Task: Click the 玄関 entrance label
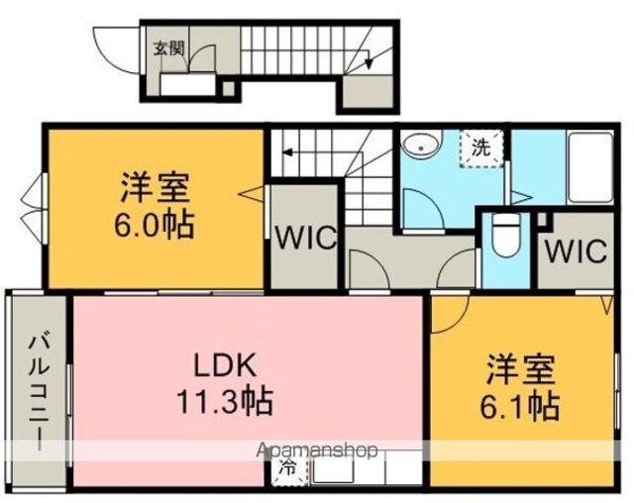[x=169, y=49]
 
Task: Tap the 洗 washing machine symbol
[x=481, y=149]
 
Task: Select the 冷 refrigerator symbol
[x=289, y=468]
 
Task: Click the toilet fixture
[x=506, y=235]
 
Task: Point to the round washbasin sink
[x=421, y=148]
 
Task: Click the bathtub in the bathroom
[x=590, y=167]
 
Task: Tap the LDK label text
[x=225, y=364]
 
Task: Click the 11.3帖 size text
[x=225, y=402]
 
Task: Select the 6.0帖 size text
[x=155, y=224]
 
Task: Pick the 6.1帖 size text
[x=519, y=406]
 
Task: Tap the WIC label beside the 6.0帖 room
[x=305, y=238]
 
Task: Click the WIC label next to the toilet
[x=576, y=251]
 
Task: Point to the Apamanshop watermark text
[x=317, y=450]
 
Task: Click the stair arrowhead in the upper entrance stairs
[x=369, y=63]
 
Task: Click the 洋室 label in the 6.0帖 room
[x=155, y=187]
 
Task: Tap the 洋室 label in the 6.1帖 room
[x=520, y=369]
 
